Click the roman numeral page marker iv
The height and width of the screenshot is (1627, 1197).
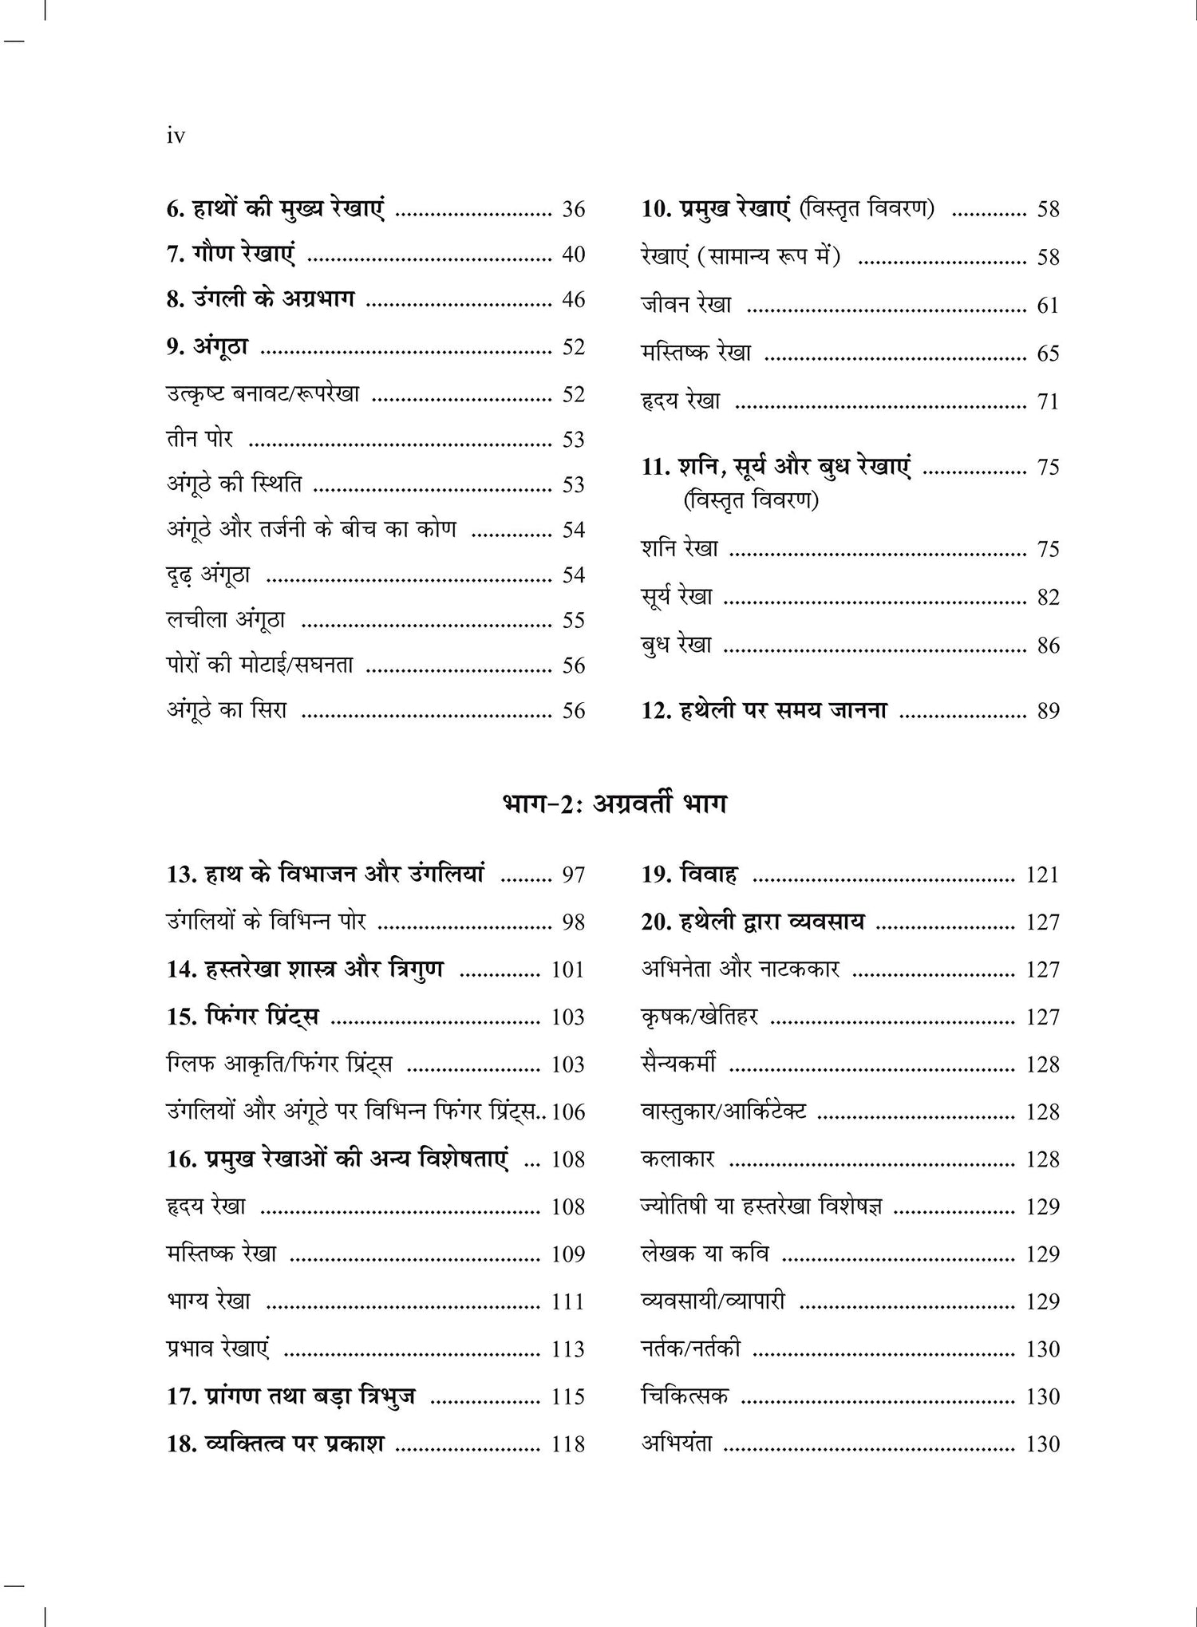(176, 136)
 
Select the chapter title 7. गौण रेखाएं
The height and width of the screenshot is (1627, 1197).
(230, 255)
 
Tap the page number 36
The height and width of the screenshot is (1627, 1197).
(573, 210)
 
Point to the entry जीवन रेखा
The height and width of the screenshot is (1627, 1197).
(686, 305)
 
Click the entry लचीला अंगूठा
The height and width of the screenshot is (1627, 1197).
(226, 620)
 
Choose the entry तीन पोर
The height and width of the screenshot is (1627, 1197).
(199, 440)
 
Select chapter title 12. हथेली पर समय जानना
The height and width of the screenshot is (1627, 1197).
(764, 710)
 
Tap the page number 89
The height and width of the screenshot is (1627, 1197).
(1048, 711)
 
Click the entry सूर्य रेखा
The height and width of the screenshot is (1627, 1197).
(677, 597)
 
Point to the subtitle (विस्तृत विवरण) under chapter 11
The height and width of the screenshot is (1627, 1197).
(750, 501)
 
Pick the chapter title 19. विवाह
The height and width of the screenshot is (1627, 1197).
(689, 875)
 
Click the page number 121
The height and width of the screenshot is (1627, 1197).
(1042, 875)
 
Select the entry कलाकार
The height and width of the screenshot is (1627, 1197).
(678, 1159)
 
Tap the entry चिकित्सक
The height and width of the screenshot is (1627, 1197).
(684, 1396)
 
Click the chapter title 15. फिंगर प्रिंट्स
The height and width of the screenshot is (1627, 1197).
(243, 1017)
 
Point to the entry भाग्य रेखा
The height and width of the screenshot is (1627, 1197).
(208, 1301)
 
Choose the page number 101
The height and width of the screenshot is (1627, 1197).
(567, 970)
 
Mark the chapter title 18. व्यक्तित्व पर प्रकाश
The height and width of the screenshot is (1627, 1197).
(275, 1443)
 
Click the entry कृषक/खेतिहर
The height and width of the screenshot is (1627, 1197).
(699, 1017)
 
